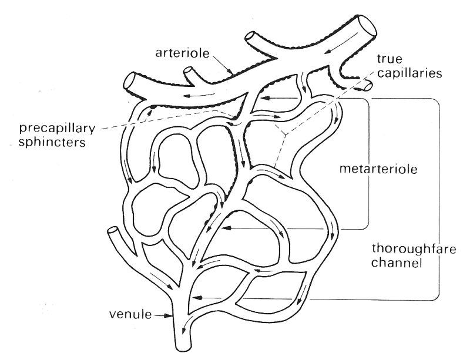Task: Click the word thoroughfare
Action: coord(401,247)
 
